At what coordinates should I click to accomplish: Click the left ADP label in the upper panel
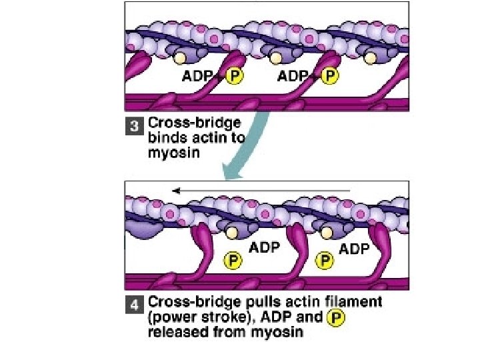pos(198,76)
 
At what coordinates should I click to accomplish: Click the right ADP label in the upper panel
pos(293,76)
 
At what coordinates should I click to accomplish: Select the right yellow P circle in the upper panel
pos(329,76)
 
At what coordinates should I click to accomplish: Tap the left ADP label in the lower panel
pos(264,247)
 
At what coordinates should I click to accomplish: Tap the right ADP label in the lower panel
pos(355,249)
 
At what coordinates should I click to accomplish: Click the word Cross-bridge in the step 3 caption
pos(193,123)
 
